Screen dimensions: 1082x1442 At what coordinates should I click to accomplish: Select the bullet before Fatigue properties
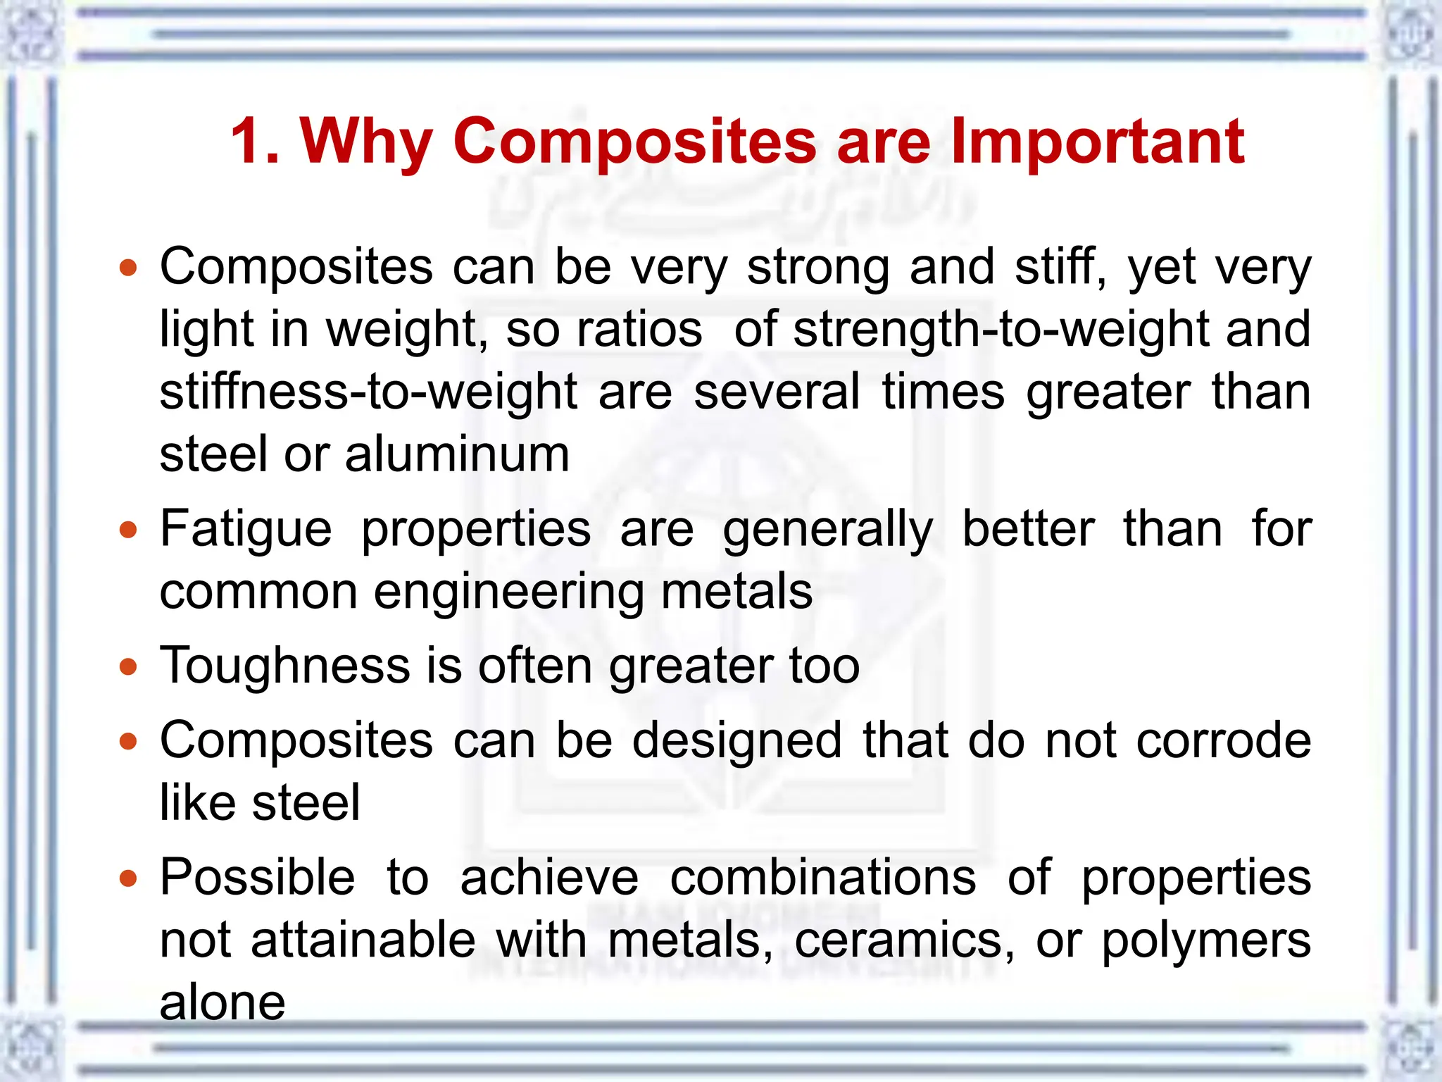(x=127, y=530)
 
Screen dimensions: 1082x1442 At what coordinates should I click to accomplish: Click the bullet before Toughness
(x=127, y=666)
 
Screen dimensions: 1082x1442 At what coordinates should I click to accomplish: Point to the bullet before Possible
(x=127, y=878)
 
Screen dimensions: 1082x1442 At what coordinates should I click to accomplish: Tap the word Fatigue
(x=246, y=530)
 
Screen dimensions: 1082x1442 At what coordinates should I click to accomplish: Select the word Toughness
(x=285, y=665)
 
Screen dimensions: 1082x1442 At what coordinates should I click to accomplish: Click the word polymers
(x=1206, y=941)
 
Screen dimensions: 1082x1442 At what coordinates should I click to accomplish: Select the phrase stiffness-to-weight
(x=368, y=392)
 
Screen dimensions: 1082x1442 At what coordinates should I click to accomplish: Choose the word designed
(x=736, y=742)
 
